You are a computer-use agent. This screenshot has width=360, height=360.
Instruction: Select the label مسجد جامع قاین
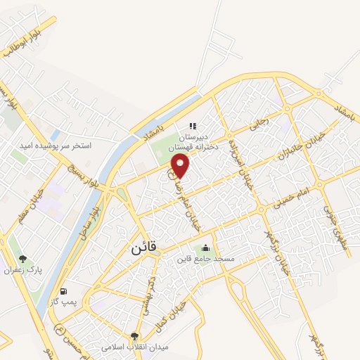[x=205, y=259]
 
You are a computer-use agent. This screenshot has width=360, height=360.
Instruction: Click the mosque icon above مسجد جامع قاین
[x=205, y=247]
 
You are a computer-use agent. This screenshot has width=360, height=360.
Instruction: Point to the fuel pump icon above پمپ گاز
[x=65, y=290]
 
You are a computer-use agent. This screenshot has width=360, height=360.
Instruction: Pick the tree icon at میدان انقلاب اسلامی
[x=134, y=336]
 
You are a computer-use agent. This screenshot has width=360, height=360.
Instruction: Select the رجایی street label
[x=258, y=123]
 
